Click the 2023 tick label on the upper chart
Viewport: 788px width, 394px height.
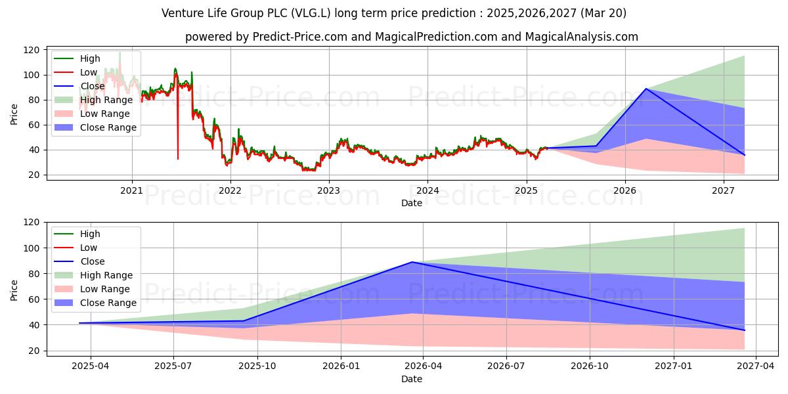[x=328, y=191]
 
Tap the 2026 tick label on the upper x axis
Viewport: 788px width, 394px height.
[x=624, y=191]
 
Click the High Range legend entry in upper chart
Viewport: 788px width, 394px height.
[x=106, y=100]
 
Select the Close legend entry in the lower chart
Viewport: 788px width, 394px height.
[x=93, y=261]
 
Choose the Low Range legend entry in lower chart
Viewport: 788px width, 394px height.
[x=105, y=289]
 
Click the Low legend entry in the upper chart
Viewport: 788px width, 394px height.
[x=89, y=72]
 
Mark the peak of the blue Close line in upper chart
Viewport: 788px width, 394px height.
[x=646, y=89]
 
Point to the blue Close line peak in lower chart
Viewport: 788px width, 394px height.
[x=412, y=262]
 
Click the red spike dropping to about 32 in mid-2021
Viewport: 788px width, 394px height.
[x=178, y=158]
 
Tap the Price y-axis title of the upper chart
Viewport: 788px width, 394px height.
[x=14, y=113]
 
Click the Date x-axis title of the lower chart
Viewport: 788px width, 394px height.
[x=412, y=379]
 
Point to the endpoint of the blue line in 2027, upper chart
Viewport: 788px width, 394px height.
[x=744, y=155]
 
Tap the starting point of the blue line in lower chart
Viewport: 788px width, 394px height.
[x=79, y=323]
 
